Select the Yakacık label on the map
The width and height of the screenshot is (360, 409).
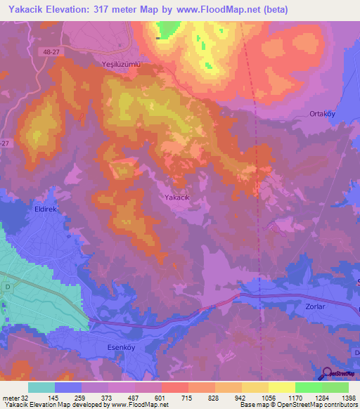point(177,197)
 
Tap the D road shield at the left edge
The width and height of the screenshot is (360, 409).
point(8,287)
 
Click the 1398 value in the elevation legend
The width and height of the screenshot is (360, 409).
point(348,397)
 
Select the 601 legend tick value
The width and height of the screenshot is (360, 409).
point(161,397)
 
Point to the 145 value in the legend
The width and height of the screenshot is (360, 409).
point(54,397)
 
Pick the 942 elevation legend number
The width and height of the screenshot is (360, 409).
point(241,397)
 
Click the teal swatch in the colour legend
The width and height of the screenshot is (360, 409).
point(41,387)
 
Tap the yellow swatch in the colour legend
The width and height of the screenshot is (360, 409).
point(281,387)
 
